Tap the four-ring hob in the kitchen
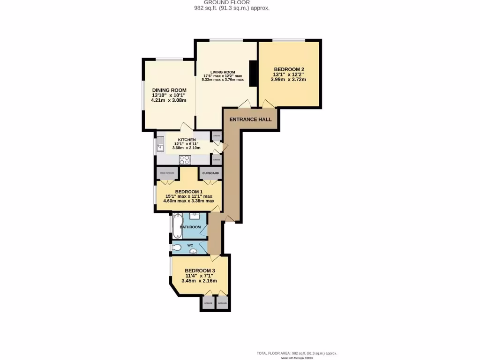(x=184, y=159)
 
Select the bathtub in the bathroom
(x=177, y=226)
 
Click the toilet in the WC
(x=177, y=247)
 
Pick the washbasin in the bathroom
(x=195, y=216)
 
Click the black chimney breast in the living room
(x=253, y=74)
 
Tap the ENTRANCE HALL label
(x=250, y=120)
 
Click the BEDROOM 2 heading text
(x=289, y=69)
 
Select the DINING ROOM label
(x=169, y=90)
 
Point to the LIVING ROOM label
(x=223, y=72)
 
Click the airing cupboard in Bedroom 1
(x=167, y=173)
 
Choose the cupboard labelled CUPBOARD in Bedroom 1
(x=211, y=173)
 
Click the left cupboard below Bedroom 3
(x=208, y=303)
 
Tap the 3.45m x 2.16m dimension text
(x=200, y=281)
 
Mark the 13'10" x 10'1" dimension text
(x=169, y=95)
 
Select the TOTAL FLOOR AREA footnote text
(x=297, y=353)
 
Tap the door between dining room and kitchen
(x=187, y=127)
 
